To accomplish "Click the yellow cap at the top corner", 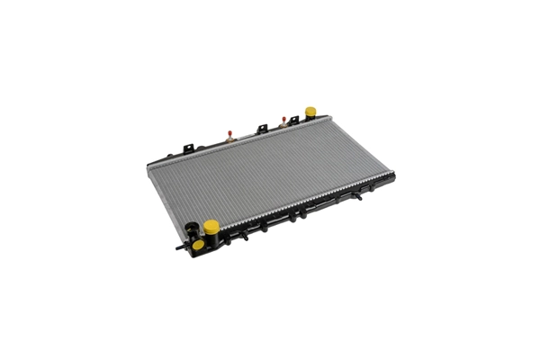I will pyautogui.click(x=310, y=112).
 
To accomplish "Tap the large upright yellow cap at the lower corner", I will pyautogui.click(x=211, y=226).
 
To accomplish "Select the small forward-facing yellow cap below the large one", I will pyautogui.click(x=198, y=244).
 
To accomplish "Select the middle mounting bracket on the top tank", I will pyautogui.click(x=262, y=129).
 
